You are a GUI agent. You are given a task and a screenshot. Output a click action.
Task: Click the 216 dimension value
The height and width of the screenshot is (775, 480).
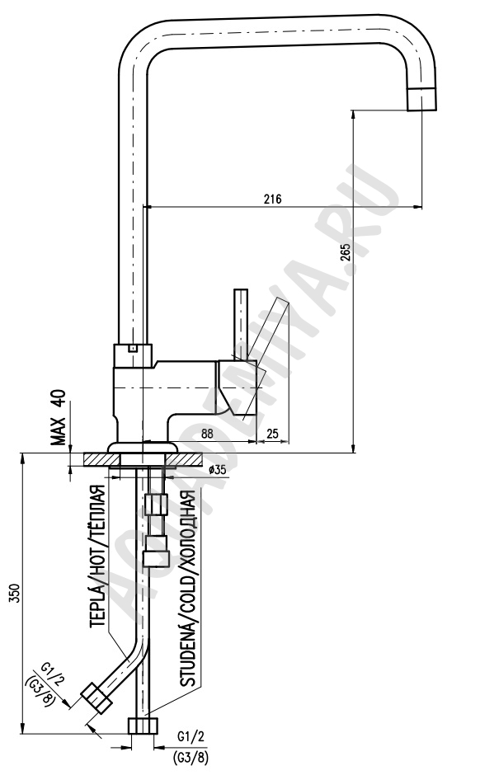click(x=272, y=199)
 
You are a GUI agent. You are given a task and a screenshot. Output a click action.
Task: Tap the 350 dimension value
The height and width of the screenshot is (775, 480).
click(x=14, y=594)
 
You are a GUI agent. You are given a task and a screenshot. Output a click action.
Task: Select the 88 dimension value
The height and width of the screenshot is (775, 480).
click(x=207, y=434)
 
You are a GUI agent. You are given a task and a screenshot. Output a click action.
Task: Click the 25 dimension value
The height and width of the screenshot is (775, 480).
click(x=272, y=434)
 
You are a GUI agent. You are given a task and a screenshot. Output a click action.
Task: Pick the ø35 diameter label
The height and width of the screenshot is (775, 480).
click(x=218, y=470)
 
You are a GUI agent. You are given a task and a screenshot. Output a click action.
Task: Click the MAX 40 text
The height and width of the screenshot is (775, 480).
click(x=59, y=418)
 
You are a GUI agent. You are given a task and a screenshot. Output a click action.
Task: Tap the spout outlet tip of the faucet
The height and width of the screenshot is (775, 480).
click(x=421, y=99)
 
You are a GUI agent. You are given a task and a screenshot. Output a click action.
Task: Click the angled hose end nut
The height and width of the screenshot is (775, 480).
click(x=96, y=697)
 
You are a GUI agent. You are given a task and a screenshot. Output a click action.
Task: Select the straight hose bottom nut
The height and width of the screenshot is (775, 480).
click(x=144, y=725)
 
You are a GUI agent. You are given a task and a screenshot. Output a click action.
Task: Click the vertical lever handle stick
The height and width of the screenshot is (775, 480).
click(x=241, y=324)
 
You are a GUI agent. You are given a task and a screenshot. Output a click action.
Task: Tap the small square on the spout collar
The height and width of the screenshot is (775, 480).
click(x=131, y=349)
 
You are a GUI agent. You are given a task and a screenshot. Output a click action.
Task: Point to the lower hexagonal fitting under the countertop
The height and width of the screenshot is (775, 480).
click(x=157, y=550)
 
